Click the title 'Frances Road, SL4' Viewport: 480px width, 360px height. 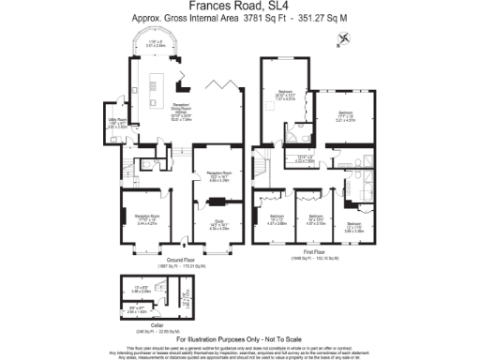tap(239, 7)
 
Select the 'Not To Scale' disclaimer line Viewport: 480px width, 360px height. tap(239, 338)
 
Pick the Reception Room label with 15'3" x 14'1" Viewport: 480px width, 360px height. tap(218, 175)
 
